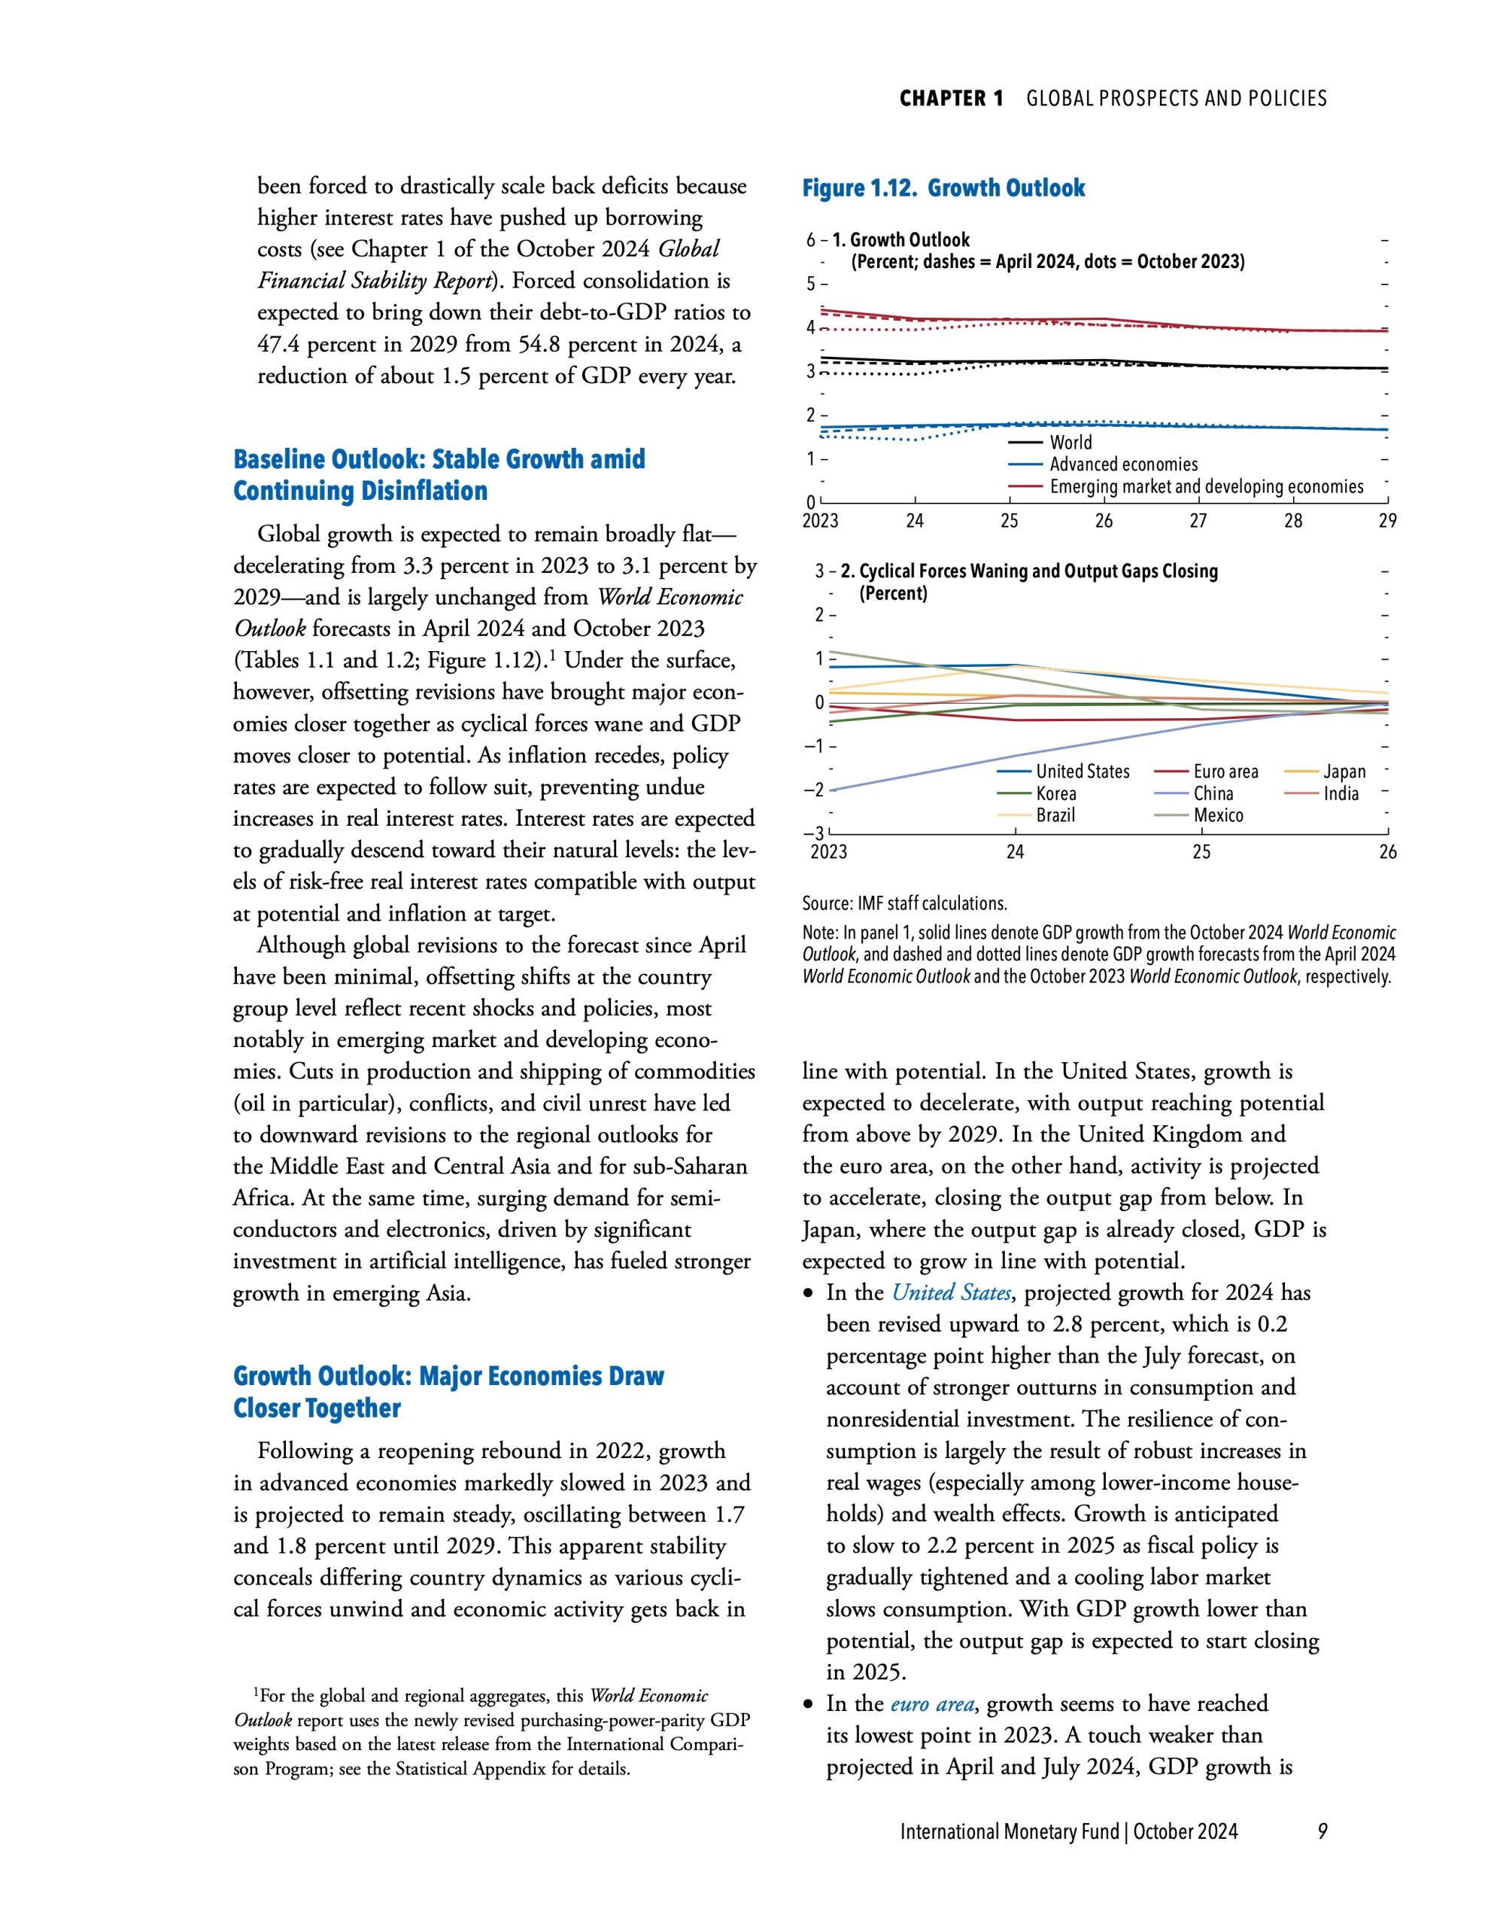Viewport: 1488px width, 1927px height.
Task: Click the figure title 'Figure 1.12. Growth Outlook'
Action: tap(943, 188)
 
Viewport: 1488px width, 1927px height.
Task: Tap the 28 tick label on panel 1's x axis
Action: tap(1292, 521)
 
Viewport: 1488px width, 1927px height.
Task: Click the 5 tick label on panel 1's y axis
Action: tap(811, 284)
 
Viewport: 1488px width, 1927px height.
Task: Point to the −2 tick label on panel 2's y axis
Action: tap(813, 790)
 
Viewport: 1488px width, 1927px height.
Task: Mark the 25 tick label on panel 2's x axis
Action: tap(1201, 851)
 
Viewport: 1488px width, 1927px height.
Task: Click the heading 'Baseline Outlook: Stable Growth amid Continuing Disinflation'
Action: tap(439, 475)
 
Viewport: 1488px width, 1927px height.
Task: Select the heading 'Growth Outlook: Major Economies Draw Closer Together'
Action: tap(448, 1391)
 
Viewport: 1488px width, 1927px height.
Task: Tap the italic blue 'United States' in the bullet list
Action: tap(951, 1292)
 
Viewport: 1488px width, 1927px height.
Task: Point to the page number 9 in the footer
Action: tap(1322, 1831)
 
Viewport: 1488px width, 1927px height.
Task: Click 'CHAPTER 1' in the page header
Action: tap(951, 98)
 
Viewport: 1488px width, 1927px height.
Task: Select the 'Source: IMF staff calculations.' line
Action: tap(904, 903)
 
